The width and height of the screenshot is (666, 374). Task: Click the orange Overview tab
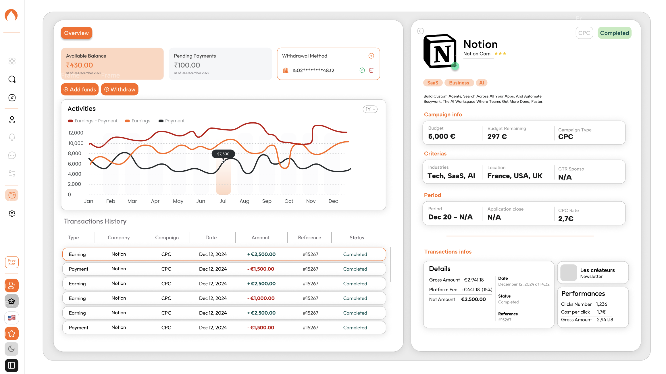coord(76,33)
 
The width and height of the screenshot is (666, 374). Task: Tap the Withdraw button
coord(120,90)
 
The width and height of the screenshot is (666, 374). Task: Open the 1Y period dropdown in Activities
coord(370,109)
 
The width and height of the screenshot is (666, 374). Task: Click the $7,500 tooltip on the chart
coord(223,154)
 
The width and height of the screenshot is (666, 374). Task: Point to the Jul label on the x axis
coord(223,201)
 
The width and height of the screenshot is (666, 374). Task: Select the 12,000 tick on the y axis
coord(76,133)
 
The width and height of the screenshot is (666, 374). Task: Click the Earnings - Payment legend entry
coord(93,121)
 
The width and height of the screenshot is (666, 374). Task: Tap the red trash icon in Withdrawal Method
coord(371,70)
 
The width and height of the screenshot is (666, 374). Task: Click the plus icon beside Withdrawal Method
coord(371,56)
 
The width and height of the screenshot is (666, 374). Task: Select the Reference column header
coord(309,238)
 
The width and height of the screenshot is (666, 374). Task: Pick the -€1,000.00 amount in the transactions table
coord(261,298)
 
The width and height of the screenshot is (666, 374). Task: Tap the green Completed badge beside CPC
coord(614,33)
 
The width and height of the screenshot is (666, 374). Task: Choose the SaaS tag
coord(432,83)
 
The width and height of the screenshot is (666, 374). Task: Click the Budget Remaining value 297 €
coord(497,136)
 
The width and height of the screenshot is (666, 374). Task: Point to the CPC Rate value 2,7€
coord(566,219)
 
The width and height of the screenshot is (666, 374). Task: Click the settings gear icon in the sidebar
coord(12,213)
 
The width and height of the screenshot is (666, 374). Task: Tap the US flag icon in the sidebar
coord(12,318)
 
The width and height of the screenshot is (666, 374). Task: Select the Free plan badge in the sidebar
coord(12,262)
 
